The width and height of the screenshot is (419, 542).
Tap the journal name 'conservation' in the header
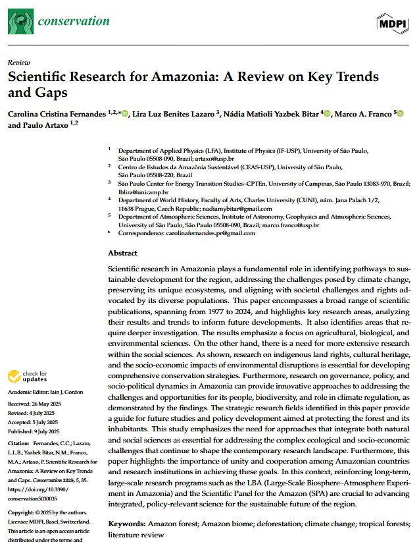pos(74,21)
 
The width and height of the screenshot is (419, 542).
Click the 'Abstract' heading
pos(123,253)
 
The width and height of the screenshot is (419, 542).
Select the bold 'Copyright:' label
pos(23,512)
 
